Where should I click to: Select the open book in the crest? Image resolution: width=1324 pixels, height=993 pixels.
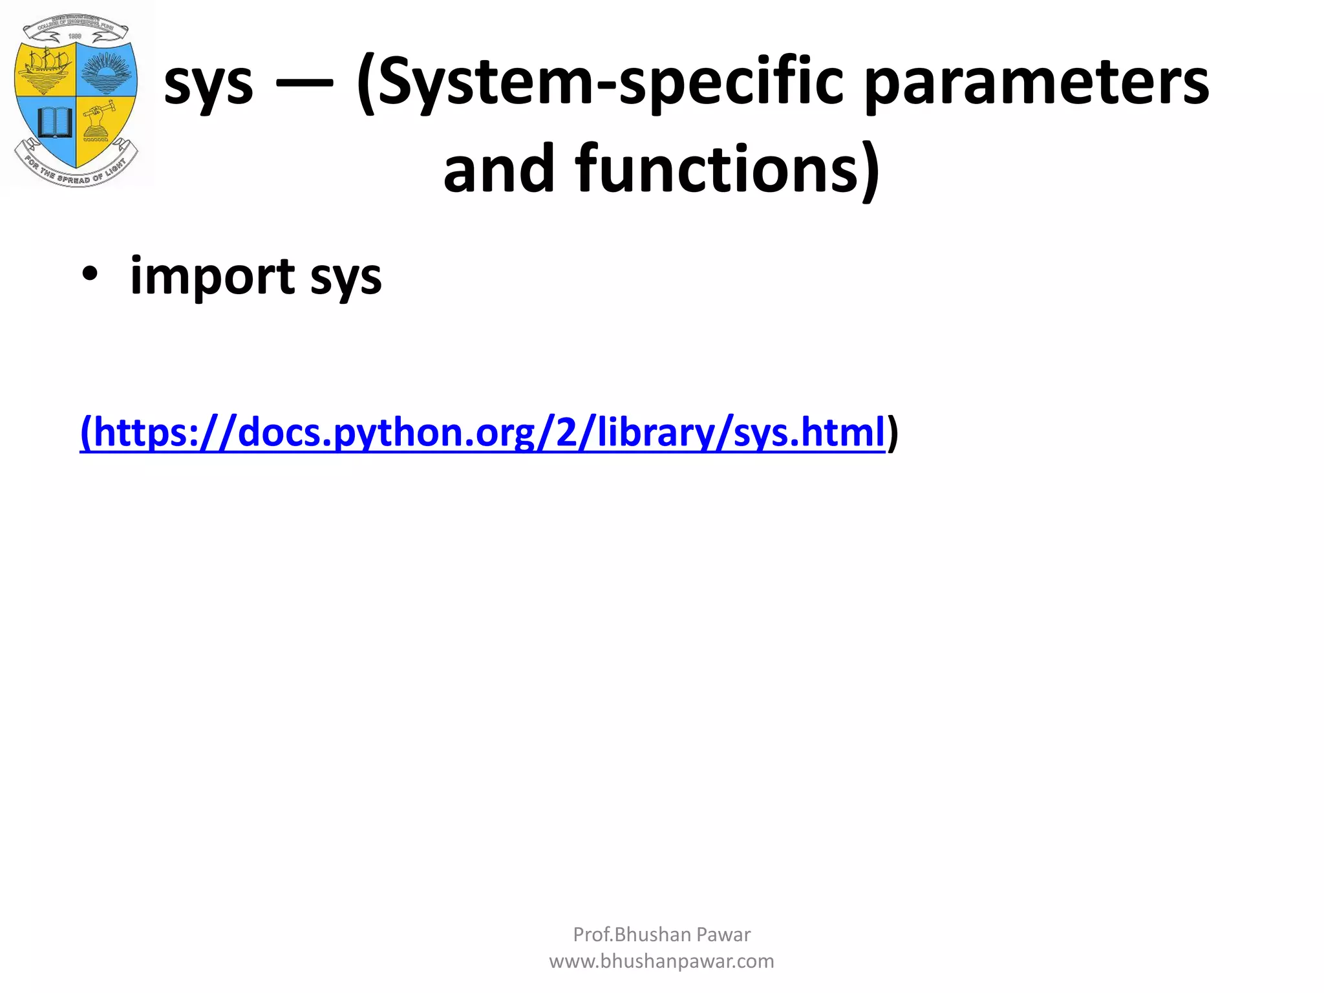point(54,122)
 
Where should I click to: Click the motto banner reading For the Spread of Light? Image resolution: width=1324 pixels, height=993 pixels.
point(76,171)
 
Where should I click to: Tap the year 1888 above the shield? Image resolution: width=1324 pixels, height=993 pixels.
point(76,37)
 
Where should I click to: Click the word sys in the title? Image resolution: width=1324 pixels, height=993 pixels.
point(208,84)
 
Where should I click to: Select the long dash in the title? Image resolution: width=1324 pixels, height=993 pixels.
point(304,82)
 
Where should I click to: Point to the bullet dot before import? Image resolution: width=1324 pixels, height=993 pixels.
point(90,275)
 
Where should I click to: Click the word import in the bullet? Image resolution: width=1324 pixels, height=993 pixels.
point(213,277)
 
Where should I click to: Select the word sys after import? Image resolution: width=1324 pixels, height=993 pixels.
point(346,278)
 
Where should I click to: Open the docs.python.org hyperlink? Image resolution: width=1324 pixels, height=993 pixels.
point(482,432)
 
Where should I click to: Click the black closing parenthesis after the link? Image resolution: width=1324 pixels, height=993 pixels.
point(893,432)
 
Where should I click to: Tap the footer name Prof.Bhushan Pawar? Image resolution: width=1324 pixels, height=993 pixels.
point(661,934)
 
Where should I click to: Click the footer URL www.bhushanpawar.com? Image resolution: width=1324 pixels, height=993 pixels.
point(661,961)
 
